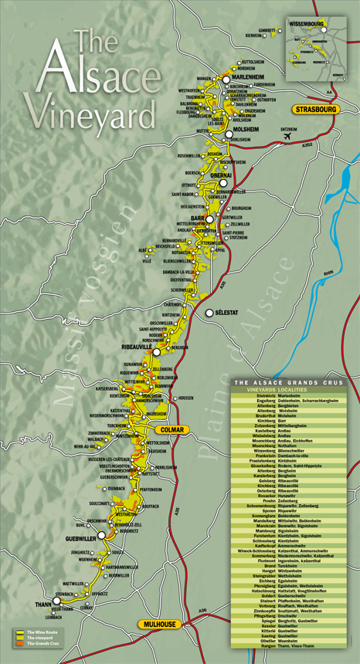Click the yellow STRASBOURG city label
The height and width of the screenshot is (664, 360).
[316, 110]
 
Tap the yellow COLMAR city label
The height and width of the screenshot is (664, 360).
[169, 430]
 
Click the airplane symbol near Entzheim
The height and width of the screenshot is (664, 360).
[289, 136]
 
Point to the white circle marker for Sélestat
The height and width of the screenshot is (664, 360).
[209, 313]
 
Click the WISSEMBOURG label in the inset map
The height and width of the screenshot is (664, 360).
[307, 24]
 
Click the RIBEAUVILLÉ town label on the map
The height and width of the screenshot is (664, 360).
[137, 347]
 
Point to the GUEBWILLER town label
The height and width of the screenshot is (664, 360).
[81, 538]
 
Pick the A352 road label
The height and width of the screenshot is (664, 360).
[307, 144]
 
